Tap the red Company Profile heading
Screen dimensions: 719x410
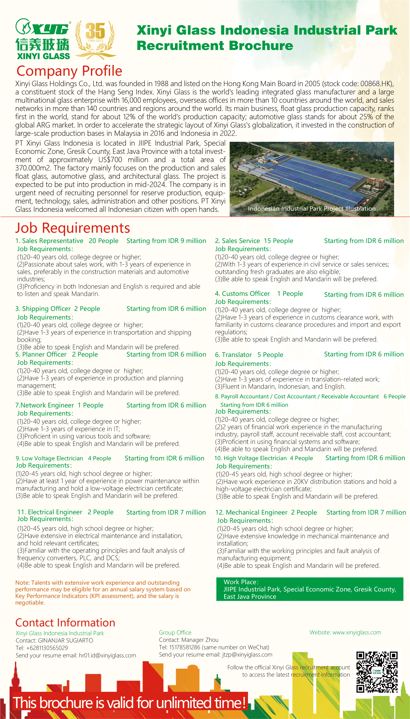(x=69, y=71)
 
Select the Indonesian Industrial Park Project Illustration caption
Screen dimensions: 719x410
(x=311, y=209)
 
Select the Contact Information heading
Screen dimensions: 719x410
(x=65, y=622)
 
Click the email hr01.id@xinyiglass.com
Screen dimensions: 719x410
(x=107, y=655)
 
